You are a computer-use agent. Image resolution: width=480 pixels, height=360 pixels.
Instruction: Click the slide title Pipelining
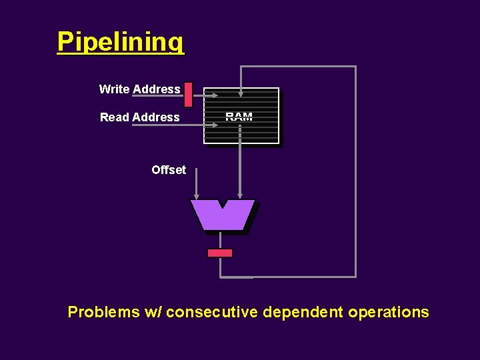[120, 41]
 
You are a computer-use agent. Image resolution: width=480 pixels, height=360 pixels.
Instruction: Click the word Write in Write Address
[114, 89]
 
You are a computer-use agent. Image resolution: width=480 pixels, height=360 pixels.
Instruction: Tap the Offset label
[169, 170]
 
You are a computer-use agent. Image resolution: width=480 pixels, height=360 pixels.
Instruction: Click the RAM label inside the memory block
[239, 117]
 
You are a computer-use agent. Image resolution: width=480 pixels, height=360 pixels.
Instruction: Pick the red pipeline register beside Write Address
[188, 95]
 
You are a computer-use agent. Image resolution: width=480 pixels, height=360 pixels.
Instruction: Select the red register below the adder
[220, 253]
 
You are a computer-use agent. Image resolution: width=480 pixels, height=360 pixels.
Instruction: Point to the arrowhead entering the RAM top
[241, 93]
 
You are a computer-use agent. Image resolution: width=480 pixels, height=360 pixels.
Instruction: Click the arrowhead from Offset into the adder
[196, 195]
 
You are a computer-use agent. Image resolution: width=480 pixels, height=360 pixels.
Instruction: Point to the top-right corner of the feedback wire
[355, 67]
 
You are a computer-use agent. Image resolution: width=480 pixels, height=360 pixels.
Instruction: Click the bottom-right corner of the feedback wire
[355, 276]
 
